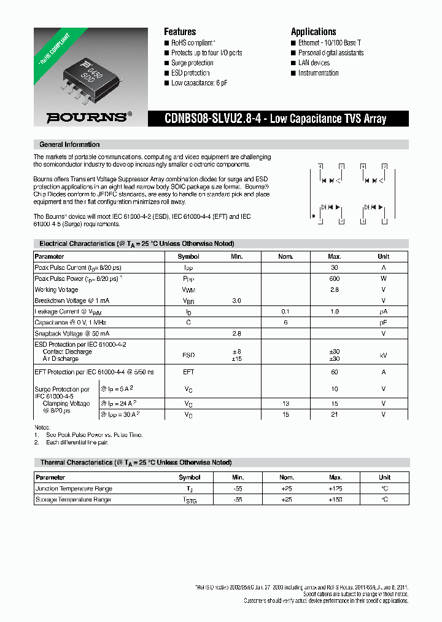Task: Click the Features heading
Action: pos(180,32)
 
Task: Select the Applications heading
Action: pos(313,32)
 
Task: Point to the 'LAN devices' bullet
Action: pos(314,63)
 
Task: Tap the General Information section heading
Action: pos(69,144)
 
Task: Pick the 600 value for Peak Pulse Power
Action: pos(335,278)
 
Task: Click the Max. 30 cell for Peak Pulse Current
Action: pos(335,267)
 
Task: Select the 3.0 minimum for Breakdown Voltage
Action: pos(237,301)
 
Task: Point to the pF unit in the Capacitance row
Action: pos(383,322)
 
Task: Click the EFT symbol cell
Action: pos(188,372)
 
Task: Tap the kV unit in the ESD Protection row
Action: pos(383,355)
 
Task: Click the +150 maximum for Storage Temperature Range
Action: pos(335,500)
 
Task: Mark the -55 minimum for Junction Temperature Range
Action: pos(238,489)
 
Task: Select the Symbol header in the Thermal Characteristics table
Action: pos(189,477)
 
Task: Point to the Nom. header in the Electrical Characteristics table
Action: pos(285,256)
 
